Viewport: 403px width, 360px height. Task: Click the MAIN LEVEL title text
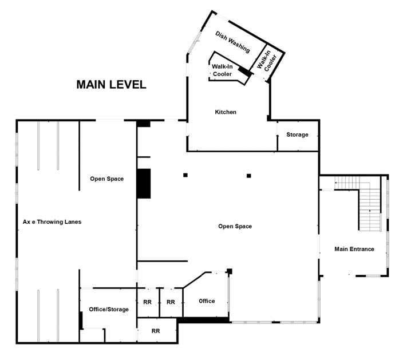click(111, 85)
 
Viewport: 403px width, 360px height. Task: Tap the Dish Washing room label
click(232, 42)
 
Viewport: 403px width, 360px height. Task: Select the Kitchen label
click(226, 112)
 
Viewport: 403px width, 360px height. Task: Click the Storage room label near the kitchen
click(297, 134)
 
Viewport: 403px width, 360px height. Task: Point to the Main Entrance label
click(354, 249)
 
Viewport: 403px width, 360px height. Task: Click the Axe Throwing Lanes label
click(52, 221)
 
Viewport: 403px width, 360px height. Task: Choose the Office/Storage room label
click(109, 310)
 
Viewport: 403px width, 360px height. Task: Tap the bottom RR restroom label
click(156, 331)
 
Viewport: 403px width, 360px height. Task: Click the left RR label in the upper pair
click(148, 302)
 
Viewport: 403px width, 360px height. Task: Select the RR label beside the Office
click(171, 302)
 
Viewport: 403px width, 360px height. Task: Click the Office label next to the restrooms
click(207, 301)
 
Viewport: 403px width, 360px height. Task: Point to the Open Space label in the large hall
click(235, 227)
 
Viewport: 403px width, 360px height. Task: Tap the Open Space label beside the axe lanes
click(106, 179)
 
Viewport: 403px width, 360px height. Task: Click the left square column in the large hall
click(185, 175)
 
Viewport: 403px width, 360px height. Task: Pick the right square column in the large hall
click(249, 176)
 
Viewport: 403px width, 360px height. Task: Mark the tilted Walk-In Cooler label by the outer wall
click(267, 61)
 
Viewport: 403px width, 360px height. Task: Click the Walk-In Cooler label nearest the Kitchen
click(222, 70)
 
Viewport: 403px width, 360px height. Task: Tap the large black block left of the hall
click(144, 184)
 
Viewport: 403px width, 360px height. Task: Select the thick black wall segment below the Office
click(203, 320)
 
